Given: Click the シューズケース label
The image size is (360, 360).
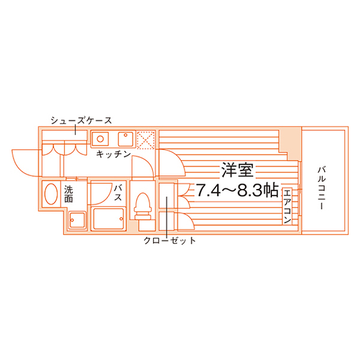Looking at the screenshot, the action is coord(81,120).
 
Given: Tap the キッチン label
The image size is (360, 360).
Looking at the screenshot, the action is coord(113,154).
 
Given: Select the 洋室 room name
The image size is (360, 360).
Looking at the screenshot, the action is coord(237,170).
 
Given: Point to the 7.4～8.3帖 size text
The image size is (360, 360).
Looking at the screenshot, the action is coord(237,190).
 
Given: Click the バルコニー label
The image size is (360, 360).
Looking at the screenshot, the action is coord(321,188).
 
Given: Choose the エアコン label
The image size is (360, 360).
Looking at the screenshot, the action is coord(287,206).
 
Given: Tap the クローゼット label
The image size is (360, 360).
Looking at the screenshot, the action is coord(170,240).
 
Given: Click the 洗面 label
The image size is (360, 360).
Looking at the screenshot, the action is coord(68,194).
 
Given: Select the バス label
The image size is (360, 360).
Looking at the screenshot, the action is coord(118,193).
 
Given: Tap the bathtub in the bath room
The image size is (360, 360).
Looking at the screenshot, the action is coord(109,219).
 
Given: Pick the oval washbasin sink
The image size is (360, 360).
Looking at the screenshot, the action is coord(51,194).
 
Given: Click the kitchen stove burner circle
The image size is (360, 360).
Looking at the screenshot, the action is coord(100,139).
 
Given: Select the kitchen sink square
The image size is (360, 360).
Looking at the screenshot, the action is coord(126,139).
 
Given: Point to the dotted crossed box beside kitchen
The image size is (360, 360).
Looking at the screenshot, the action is coord(145,139).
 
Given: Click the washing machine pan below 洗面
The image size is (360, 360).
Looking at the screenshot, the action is coord(77,220).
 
